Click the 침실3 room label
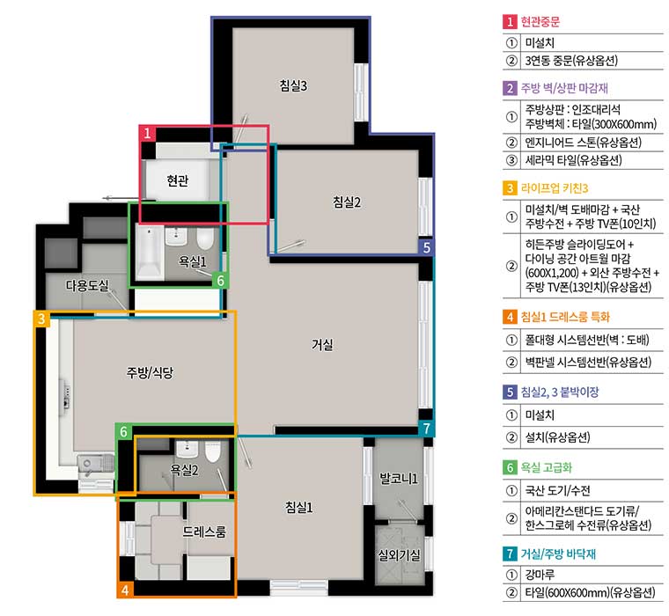click(293, 85)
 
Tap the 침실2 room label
click(347, 202)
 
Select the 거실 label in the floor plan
click(322, 344)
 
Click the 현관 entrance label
click(178, 181)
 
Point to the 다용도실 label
click(87, 285)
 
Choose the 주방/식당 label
click(150, 373)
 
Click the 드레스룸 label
click(204, 532)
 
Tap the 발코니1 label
click(399, 479)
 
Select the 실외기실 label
click(400, 555)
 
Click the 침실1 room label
click(298, 507)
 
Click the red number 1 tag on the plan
click(147, 134)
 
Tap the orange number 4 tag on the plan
click(125, 590)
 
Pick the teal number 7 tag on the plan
click(426, 428)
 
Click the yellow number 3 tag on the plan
click(41, 319)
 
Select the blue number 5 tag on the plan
click(426, 247)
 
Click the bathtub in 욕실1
click(150, 252)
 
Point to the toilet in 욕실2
click(212, 451)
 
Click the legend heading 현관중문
click(540, 21)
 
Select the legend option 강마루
click(540, 575)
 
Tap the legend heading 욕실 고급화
click(546, 467)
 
